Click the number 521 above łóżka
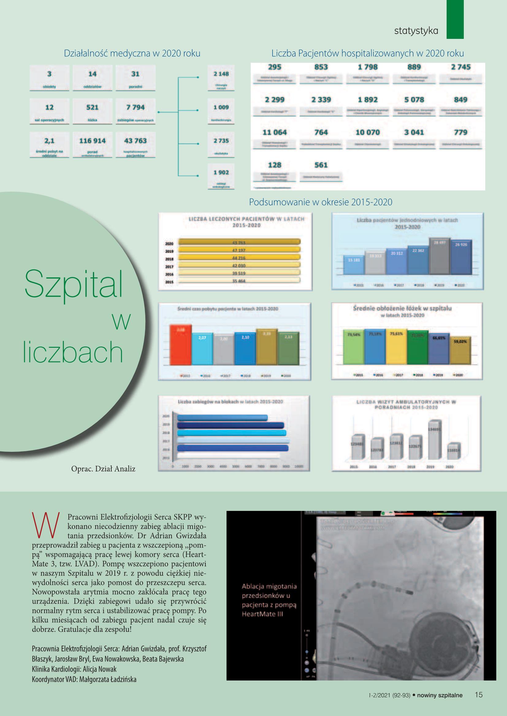point(92,107)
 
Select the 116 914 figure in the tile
point(92,141)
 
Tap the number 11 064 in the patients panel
point(274,132)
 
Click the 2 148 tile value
point(221,74)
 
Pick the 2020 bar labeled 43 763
point(239,242)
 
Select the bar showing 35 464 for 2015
point(239,281)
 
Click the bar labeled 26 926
point(461,257)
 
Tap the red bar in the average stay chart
point(181,345)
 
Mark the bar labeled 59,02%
point(460,351)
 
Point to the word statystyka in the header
point(416,31)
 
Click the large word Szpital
point(74,284)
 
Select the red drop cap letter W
point(46,526)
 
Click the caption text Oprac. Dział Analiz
point(103,469)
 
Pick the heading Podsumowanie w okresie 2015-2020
point(320,202)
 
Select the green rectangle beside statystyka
point(455,19)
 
